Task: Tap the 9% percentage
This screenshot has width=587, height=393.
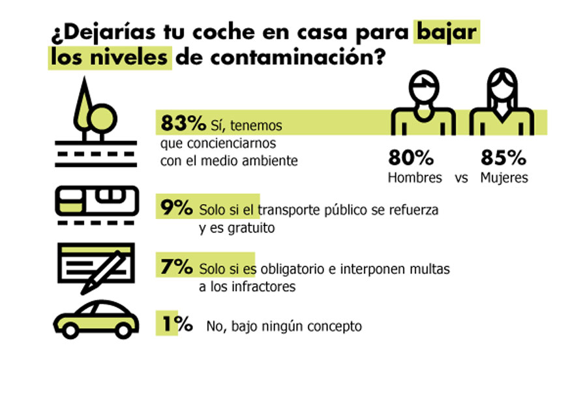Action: [176, 209]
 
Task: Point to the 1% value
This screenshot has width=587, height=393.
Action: [176, 325]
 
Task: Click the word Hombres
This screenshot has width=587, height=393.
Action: [415, 177]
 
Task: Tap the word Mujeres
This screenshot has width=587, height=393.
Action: [504, 177]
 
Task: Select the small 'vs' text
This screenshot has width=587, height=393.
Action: [462, 178]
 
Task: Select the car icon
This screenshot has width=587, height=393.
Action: [97, 319]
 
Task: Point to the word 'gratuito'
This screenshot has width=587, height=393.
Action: [251, 229]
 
